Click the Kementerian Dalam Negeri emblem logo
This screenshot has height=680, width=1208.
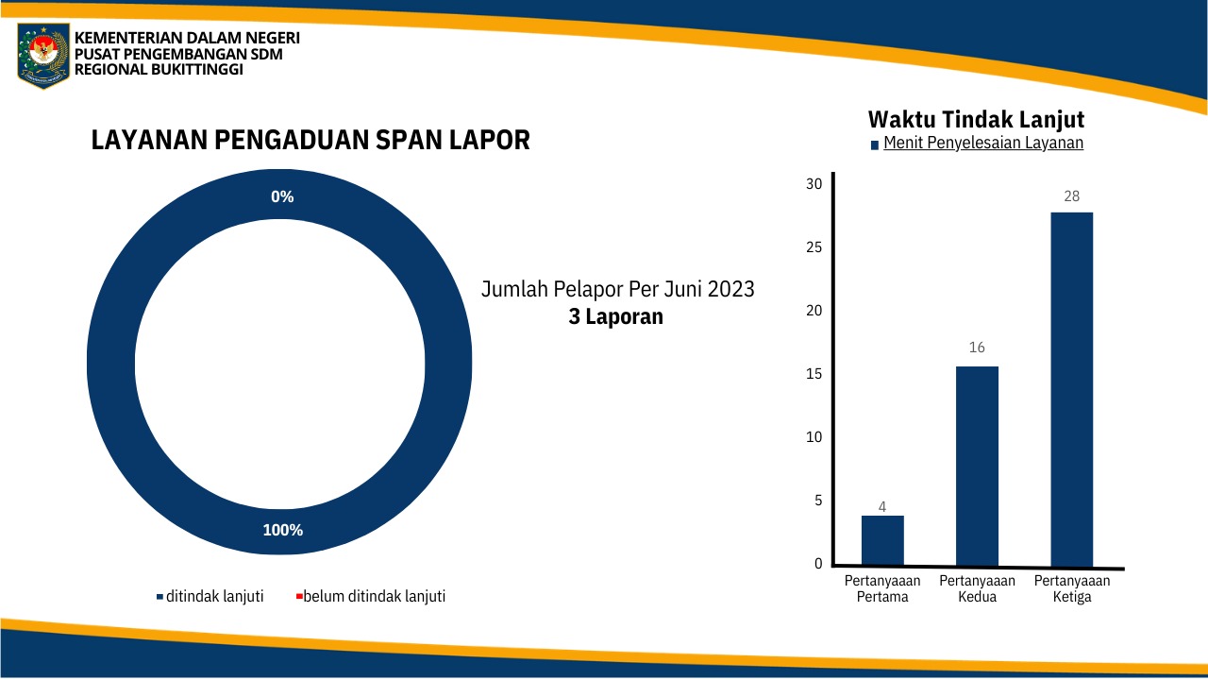pos(43,55)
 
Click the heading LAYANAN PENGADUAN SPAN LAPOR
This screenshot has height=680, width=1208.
pos(310,141)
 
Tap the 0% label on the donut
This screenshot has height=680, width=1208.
pos(282,196)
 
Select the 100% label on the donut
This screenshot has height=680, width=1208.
pos(282,530)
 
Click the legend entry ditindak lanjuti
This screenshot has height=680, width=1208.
pos(214,596)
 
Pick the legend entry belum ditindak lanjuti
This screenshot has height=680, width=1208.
pos(374,596)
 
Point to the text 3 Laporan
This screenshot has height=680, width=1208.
pos(616,316)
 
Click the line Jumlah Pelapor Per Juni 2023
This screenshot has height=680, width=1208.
pos(618,289)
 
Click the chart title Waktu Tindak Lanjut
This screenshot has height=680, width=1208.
pos(976,120)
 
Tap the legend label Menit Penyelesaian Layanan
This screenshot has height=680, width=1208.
pos(982,144)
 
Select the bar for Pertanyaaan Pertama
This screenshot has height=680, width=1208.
pos(882,540)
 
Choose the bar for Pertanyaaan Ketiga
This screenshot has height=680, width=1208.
pos(1071,389)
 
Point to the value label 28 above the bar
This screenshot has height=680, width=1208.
pos(1071,196)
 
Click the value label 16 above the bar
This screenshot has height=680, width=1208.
pos(977,348)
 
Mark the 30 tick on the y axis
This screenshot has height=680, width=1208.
pos(814,183)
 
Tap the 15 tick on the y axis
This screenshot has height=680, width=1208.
pos(814,374)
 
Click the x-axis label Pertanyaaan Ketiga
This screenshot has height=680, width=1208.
pos(1071,589)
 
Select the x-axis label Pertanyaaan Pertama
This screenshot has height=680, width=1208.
pos(882,589)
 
